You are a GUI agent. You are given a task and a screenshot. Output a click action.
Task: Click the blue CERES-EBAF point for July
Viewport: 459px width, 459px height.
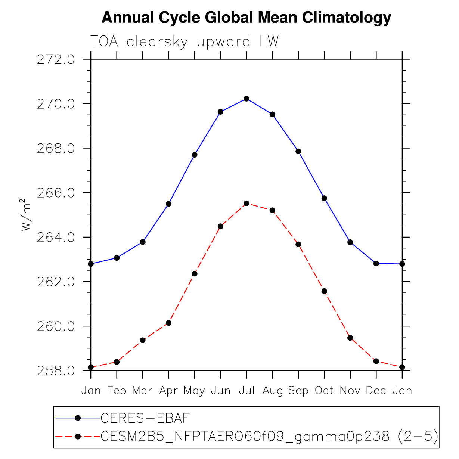pos(246,99)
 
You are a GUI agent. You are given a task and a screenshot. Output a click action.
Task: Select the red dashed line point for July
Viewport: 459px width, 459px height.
pos(246,203)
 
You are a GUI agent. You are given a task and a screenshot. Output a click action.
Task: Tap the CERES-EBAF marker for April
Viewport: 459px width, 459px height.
pos(169,204)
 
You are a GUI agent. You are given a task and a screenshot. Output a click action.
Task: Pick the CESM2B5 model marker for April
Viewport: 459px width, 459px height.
pos(169,323)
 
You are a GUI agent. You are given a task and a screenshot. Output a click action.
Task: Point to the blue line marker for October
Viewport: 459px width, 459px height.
pos(324,198)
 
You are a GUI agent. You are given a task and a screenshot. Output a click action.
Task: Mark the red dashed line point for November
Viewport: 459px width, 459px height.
pos(350,338)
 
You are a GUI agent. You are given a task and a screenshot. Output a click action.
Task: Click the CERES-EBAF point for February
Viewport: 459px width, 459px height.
pos(117,258)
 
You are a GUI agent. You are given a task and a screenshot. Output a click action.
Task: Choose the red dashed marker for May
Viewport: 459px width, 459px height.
pos(195,273)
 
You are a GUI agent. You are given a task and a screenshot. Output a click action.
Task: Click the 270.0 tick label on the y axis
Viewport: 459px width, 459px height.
pos(56,104)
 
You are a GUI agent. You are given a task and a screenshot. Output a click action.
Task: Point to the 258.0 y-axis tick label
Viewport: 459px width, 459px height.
pos(56,371)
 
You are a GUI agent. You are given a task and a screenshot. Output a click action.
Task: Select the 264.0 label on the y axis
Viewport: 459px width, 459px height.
pos(56,238)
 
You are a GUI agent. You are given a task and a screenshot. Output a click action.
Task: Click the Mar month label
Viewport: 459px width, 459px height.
pos(142,391)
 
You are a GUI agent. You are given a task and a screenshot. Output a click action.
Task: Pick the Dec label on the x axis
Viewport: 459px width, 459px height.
pos(376,391)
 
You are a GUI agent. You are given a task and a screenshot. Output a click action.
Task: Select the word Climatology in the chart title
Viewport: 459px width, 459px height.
pos(347,18)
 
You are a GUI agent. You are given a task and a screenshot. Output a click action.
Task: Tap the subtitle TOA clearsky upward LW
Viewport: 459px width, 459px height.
pos(184,42)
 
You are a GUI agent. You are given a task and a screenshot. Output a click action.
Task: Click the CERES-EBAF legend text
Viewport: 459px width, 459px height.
pos(145,418)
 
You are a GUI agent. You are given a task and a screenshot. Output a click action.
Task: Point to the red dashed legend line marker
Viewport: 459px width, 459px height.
pos(78,437)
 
